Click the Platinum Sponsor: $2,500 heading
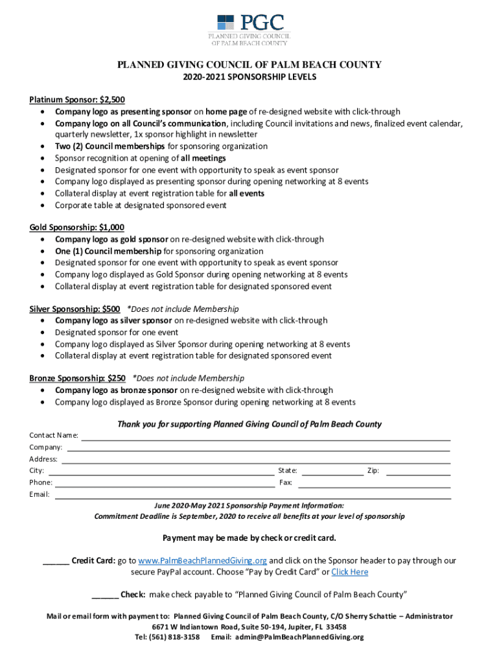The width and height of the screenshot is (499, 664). click(77, 100)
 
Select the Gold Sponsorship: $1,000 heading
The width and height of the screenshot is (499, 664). click(77, 228)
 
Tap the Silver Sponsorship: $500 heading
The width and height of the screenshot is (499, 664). click(75, 309)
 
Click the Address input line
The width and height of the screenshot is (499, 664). click(256, 461)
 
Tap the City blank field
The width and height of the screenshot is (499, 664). click(161, 473)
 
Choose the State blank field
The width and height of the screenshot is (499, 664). click(332, 473)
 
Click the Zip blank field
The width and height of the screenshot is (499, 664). click(418, 473)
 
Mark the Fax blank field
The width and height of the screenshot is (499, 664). click(374, 485)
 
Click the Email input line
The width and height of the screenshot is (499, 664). click(252, 497)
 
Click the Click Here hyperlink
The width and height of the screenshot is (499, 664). click(349, 572)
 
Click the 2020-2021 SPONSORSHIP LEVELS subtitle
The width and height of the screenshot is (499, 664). click(250, 77)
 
